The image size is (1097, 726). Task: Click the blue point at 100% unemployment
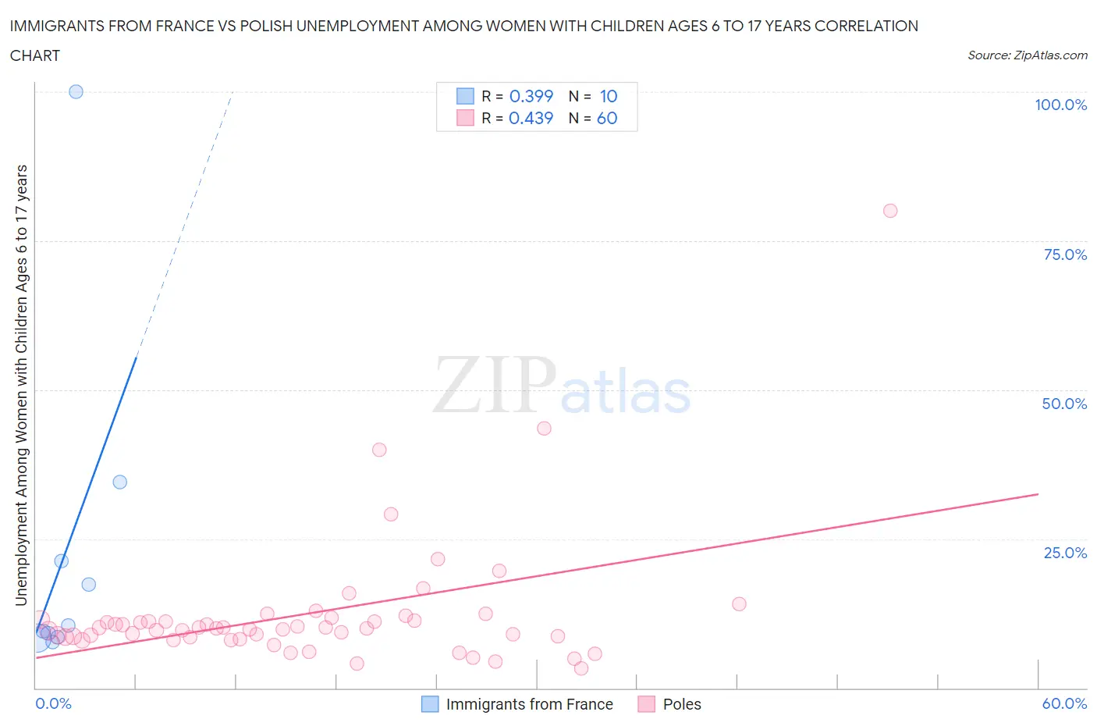click(76, 91)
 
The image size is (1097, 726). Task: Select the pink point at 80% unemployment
click(890, 211)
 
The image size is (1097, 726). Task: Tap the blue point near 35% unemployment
click(119, 482)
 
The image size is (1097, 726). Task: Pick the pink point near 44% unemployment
click(544, 428)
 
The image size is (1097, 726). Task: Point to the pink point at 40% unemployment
click(379, 450)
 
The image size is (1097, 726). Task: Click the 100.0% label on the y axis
click(1060, 105)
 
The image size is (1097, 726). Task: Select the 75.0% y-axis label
click(1065, 254)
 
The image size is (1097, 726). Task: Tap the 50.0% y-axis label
click(1064, 404)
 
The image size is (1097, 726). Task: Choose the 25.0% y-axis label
click(1065, 553)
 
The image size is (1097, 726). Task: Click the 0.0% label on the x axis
click(53, 703)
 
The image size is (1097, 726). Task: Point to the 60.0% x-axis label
click(1064, 703)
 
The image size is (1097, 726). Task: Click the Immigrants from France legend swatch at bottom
click(430, 704)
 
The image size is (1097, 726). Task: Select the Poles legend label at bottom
click(681, 704)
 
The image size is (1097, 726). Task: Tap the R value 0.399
click(531, 96)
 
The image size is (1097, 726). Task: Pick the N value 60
click(607, 118)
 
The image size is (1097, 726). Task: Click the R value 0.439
click(531, 118)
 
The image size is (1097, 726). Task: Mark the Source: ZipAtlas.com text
click(1027, 55)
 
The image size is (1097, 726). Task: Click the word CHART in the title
click(35, 55)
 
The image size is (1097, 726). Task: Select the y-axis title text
click(21, 385)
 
